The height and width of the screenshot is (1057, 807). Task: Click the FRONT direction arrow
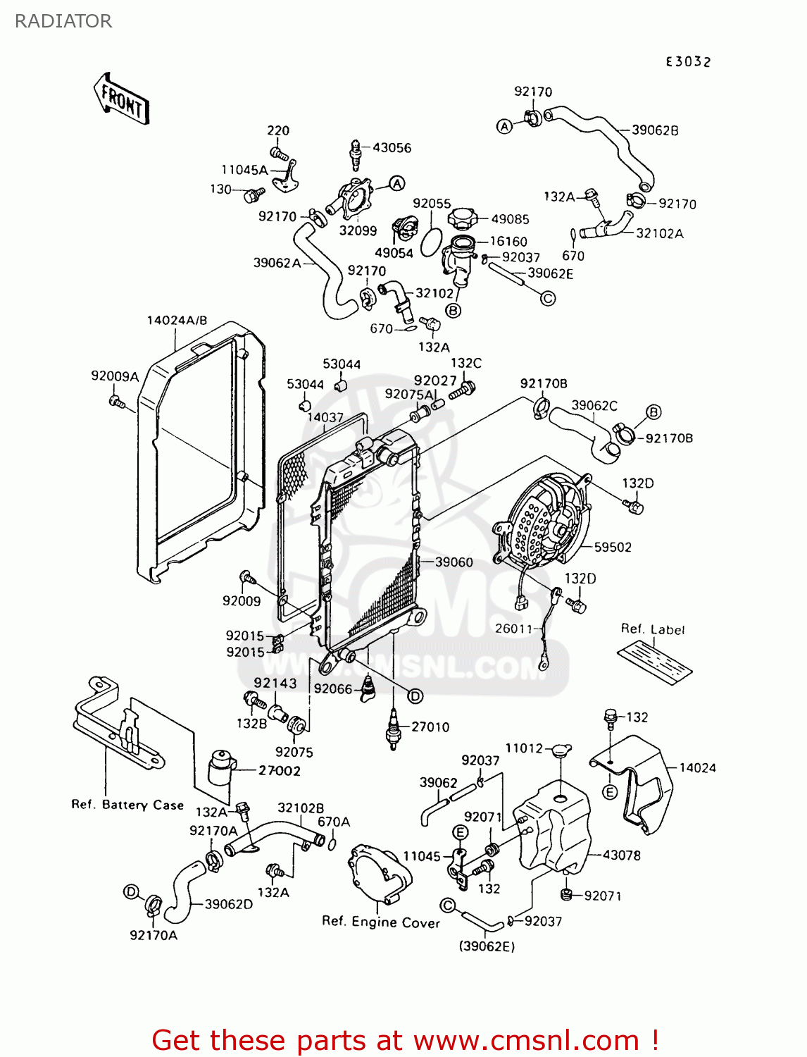[121, 99]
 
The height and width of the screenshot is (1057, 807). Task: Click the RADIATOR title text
[63, 21]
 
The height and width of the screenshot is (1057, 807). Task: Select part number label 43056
[392, 148]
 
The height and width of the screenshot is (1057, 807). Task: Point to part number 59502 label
[613, 547]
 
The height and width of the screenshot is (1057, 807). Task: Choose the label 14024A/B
[177, 321]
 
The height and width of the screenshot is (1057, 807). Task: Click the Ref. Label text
[653, 629]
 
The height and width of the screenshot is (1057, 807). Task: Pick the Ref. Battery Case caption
[127, 805]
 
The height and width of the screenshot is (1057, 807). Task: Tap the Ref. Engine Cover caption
[381, 922]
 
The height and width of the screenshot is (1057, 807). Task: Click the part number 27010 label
[430, 727]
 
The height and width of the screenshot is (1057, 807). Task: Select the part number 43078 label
[622, 855]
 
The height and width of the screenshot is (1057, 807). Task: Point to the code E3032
[689, 62]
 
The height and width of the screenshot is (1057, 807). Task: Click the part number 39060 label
[454, 562]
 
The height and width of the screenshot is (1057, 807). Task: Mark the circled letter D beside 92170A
[131, 892]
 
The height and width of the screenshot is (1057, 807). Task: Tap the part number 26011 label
[514, 629]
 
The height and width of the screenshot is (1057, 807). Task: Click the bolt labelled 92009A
[117, 402]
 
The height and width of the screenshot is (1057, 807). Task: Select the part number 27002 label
[280, 771]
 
